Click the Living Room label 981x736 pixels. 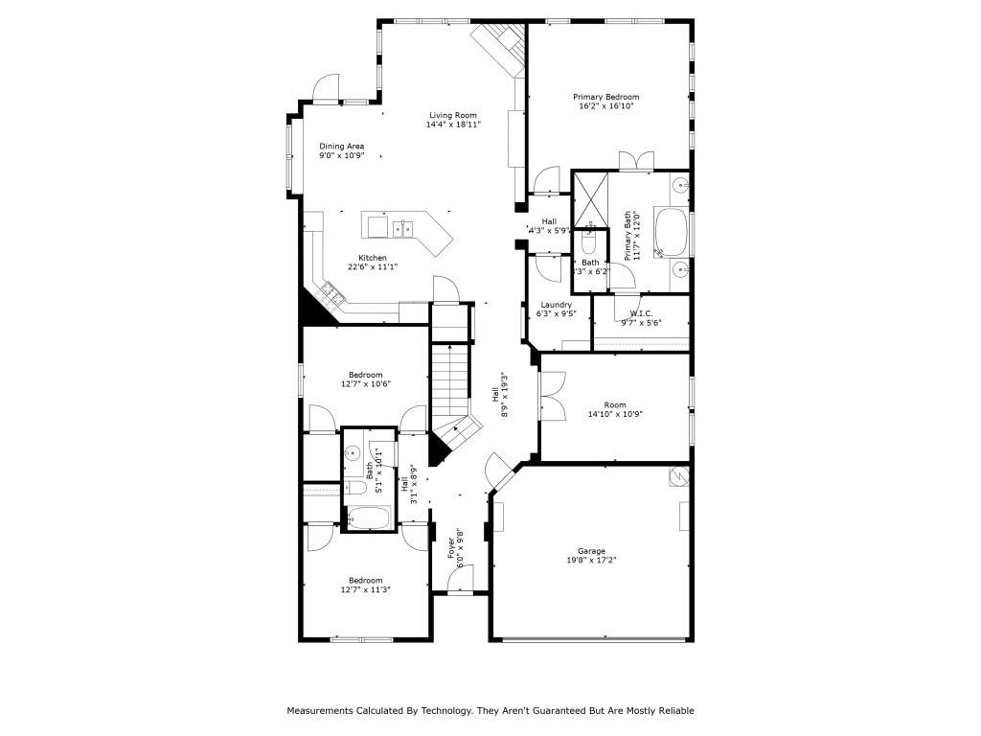[452, 115]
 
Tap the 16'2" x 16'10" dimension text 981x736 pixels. [606, 106]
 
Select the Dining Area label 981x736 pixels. [342, 147]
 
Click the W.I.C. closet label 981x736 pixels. [641, 314]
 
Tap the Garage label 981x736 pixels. [591, 551]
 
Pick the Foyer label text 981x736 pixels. [450, 548]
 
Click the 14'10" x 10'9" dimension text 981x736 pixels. [615, 414]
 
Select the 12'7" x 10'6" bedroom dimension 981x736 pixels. [365, 384]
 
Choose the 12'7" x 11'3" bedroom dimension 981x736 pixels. [365, 590]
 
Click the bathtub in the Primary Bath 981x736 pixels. [671, 233]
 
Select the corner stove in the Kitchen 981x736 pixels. [333, 292]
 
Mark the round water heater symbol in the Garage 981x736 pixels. [678, 475]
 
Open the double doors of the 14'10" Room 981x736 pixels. [551, 396]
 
